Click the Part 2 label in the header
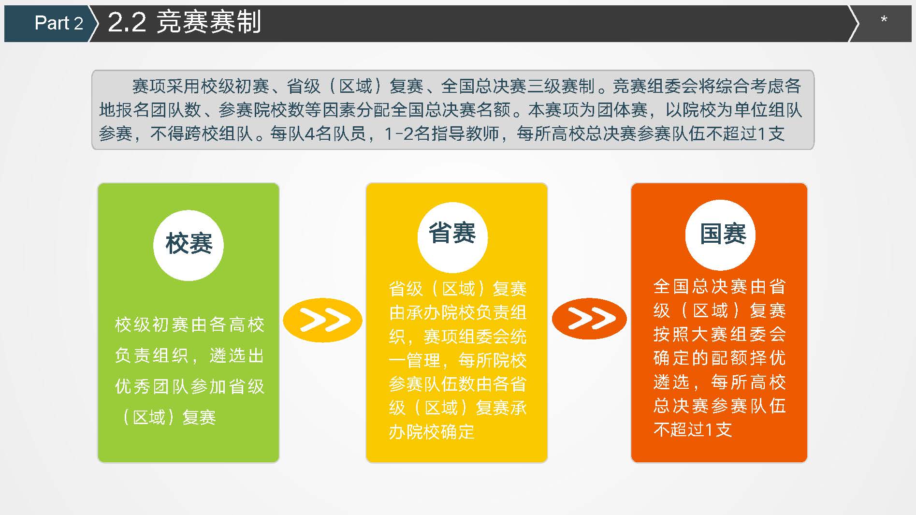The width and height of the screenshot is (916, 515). pos(58,23)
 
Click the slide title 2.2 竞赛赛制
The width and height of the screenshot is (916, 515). pos(184,22)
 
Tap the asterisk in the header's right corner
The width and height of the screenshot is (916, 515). pos(884,20)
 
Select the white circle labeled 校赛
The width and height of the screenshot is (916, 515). pos(189,245)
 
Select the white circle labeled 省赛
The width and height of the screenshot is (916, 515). pos(452,237)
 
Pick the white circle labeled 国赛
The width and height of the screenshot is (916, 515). pos(720,235)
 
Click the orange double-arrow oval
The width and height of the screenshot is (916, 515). pos(589,319)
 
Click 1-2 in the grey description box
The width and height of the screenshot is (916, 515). pos(399,134)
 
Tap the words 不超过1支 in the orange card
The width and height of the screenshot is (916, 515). pos(693,429)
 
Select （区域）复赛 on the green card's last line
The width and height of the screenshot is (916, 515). pos(166,417)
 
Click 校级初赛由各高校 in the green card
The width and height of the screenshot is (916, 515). pos(189,324)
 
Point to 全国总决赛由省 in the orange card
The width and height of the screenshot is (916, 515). pos(720,287)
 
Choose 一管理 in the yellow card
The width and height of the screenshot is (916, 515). pos(415,360)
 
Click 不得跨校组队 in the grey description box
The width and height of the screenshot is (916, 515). pos(202,134)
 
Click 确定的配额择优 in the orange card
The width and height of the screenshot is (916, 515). pos(720,358)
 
